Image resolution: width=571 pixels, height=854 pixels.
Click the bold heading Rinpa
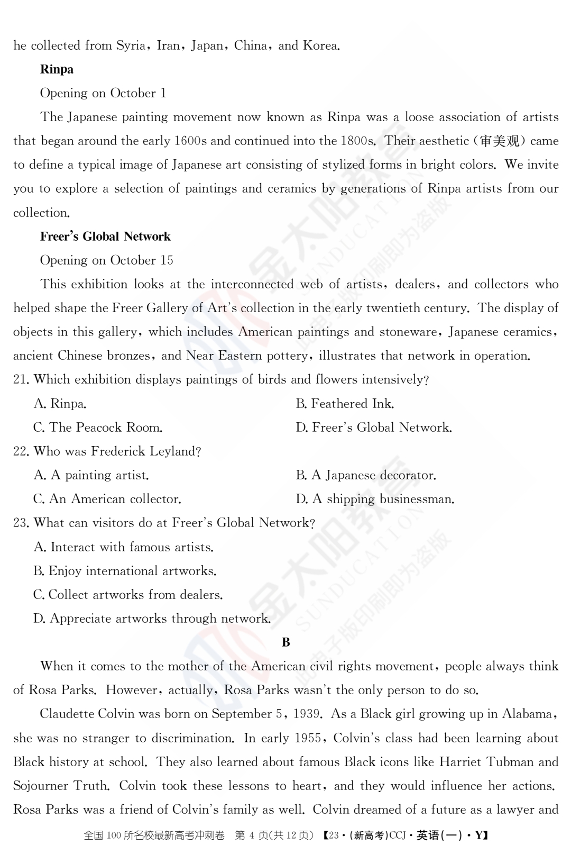tap(57, 69)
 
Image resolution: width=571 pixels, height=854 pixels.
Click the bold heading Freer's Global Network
tap(105, 237)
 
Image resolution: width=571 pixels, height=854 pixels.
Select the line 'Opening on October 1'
tap(103, 93)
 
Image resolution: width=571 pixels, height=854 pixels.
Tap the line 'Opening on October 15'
tap(106, 260)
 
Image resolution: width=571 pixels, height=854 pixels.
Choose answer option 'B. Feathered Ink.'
tap(345, 404)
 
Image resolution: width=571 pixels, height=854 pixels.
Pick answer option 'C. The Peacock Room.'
tap(98, 428)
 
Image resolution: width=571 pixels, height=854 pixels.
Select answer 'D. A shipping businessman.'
tap(375, 499)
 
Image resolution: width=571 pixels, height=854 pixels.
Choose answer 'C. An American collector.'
tap(107, 499)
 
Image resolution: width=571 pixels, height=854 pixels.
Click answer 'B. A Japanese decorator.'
tap(366, 475)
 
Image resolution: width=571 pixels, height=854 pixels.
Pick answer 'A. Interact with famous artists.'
tap(123, 547)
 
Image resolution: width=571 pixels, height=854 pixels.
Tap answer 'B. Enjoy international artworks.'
tap(125, 571)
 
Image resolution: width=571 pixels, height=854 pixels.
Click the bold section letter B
tap(286, 642)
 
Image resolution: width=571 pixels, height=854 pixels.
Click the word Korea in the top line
tap(320, 46)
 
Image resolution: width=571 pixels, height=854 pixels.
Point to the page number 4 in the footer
tap(252, 835)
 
